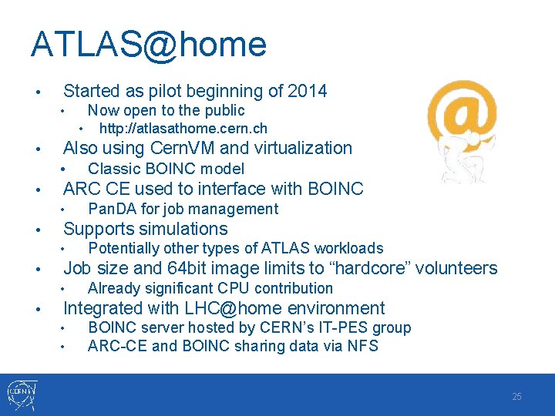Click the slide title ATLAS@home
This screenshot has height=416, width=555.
[148, 44]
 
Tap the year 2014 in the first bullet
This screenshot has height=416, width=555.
[307, 91]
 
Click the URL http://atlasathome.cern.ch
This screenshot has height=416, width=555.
[183, 128]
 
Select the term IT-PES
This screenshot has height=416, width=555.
[343, 327]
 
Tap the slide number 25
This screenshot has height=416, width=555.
[516, 396]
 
